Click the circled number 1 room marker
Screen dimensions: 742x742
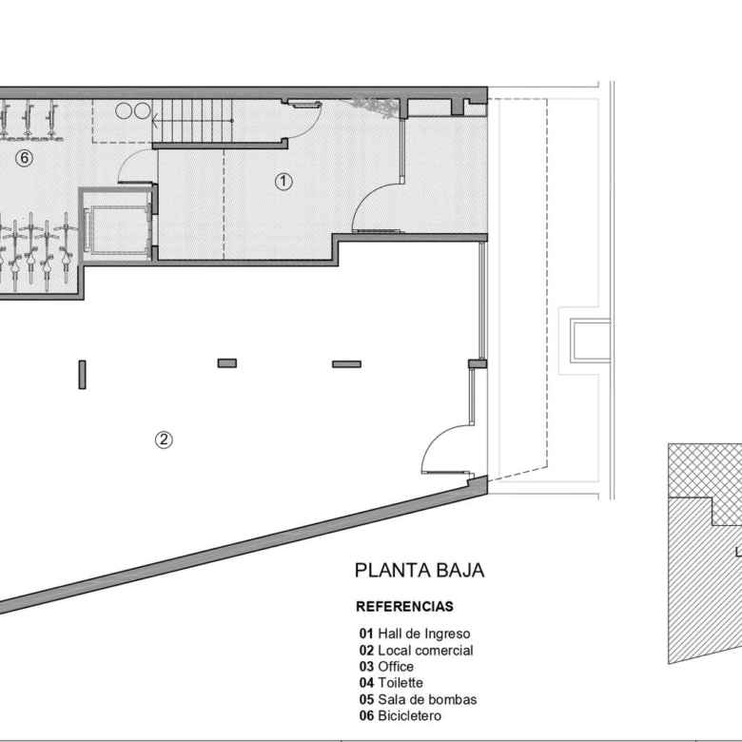[283, 182]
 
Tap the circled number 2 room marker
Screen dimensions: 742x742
[164, 440]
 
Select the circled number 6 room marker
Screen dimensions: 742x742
[24, 158]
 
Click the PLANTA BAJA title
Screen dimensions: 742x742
[420, 570]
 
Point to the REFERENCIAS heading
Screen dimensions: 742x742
[404, 606]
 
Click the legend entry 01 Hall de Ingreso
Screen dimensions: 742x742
[415, 634]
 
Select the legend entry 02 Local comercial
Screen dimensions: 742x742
[417, 650]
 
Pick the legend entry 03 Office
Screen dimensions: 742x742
[386, 666]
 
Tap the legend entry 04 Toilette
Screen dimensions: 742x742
[391, 682]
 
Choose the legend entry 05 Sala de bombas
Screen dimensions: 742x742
[419, 699]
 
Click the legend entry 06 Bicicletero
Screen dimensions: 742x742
[400, 715]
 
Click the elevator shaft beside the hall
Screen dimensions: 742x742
[117, 225]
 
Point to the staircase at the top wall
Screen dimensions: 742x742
[193, 121]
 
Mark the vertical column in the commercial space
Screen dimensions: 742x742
[83, 375]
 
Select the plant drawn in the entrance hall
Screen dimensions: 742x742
[374, 107]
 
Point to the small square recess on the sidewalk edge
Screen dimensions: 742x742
[590, 341]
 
